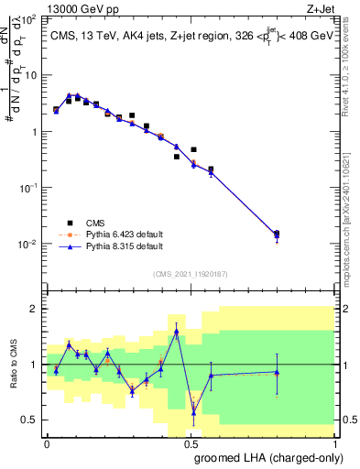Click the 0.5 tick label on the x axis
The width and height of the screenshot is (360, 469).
pos(191,443)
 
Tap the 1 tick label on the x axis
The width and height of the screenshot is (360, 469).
pos(333,443)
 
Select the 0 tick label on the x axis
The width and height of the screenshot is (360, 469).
pos(48,443)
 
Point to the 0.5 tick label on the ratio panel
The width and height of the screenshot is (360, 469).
pos(29,420)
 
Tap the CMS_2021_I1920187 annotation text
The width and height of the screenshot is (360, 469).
pos(191,273)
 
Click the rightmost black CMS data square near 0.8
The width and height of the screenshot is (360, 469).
pos(277,234)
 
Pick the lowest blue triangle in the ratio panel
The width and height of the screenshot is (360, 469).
pos(193,412)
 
